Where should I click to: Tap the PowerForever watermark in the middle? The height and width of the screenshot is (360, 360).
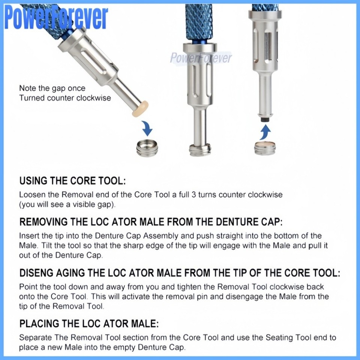(201, 58)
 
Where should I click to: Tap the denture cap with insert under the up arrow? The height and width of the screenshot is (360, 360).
(265, 148)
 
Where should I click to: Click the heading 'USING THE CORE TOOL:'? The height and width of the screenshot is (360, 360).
(72, 181)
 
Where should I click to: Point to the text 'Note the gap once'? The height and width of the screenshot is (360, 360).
(52, 88)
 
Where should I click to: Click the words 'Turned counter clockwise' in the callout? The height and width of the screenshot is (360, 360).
(65, 98)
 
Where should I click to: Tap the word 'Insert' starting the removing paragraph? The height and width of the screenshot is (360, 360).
(28, 236)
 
